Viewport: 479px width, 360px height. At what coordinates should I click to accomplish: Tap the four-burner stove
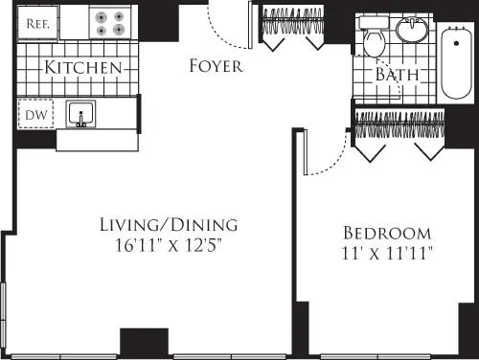pos(109,22)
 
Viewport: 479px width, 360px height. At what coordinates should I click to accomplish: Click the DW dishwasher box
pos(33,113)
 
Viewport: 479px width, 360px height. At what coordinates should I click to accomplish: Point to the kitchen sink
pos(82,115)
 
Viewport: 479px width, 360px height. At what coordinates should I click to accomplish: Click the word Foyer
pos(216,66)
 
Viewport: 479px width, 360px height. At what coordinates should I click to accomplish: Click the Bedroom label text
pos(387,233)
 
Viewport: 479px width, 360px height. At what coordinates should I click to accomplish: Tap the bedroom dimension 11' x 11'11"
pos(387,254)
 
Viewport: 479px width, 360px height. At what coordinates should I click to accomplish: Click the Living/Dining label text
pos(168,225)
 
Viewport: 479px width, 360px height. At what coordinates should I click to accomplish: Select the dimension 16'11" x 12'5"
pos(168,246)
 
